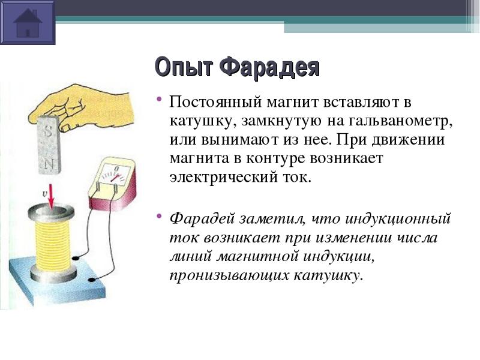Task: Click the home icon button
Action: tap(28, 22)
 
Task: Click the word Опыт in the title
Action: tap(183, 67)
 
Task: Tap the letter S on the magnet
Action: tap(49, 132)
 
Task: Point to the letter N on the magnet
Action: tap(49, 164)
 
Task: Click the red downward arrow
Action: tap(51, 197)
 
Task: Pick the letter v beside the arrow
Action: tap(44, 193)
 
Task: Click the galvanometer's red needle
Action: tap(116, 178)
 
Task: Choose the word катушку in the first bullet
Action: tap(203, 122)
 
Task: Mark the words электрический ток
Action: tap(240, 177)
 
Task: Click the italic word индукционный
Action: tap(398, 219)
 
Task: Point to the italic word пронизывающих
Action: tap(229, 275)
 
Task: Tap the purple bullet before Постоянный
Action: tap(158, 99)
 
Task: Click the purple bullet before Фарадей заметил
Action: tap(158, 216)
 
